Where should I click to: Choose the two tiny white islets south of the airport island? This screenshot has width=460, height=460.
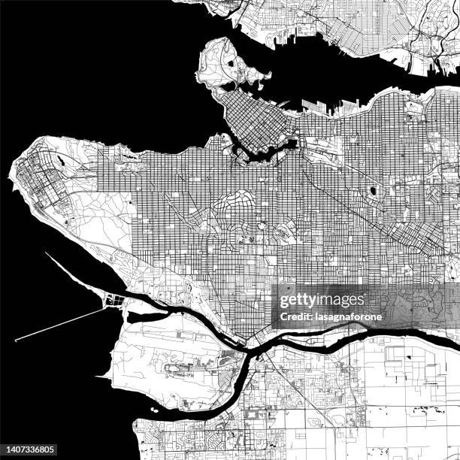point(153,411)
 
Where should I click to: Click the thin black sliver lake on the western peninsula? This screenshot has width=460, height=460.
point(59,160)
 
